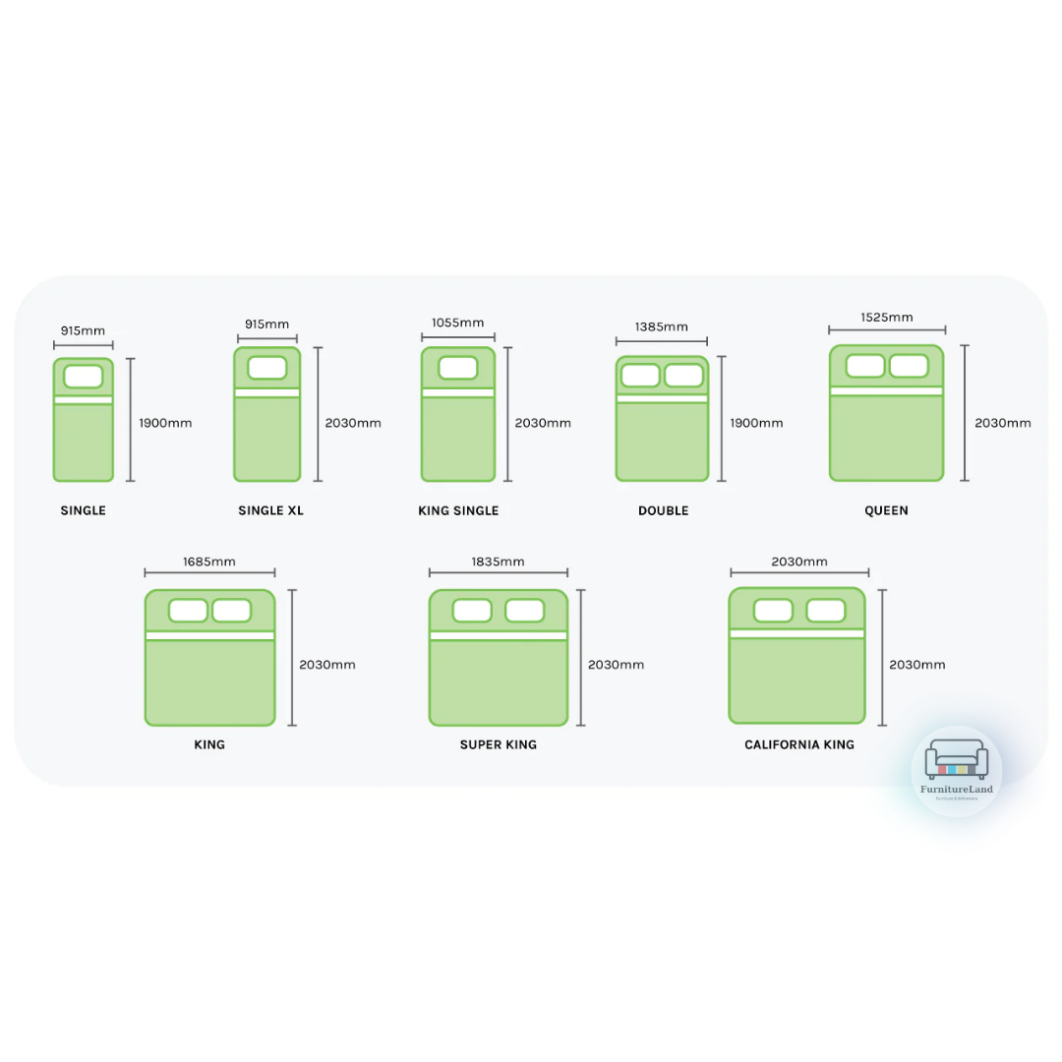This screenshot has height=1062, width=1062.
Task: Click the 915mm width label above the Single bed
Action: (83, 330)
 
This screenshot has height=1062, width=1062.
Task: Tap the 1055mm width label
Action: (457, 323)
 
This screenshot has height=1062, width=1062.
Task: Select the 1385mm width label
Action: (662, 326)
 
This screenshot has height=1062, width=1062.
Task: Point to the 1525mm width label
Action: (887, 317)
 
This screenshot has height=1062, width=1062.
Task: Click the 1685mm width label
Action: (209, 561)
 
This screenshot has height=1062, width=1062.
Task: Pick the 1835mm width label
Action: (498, 561)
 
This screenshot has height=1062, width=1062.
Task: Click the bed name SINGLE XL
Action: (270, 510)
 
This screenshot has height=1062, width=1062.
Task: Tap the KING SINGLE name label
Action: (458, 510)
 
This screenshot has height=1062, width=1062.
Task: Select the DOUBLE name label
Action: (663, 510)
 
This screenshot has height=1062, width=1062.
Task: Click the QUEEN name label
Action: (886, 510)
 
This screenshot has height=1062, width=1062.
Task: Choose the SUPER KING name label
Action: (499, 744)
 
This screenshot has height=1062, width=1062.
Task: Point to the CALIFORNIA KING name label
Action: (799, 744)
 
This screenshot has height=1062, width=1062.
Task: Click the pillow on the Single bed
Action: (84, 376)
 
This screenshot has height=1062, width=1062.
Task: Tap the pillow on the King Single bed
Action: (458, 368)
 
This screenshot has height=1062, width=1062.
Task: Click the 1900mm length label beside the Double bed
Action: (756, 423)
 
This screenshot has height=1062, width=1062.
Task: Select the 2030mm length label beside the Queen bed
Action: (1003, 423)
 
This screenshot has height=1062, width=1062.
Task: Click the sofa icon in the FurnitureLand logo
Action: (957, 760)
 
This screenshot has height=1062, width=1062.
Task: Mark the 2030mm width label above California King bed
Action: (799, 561)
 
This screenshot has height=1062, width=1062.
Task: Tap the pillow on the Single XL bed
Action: (267, 368)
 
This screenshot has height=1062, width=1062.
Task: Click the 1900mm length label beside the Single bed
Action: (165, 423)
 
